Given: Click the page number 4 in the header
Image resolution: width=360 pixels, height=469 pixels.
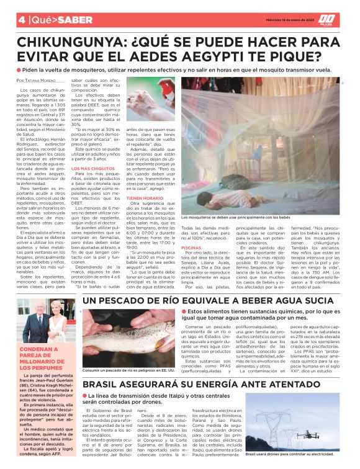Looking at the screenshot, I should click(5, 20).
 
